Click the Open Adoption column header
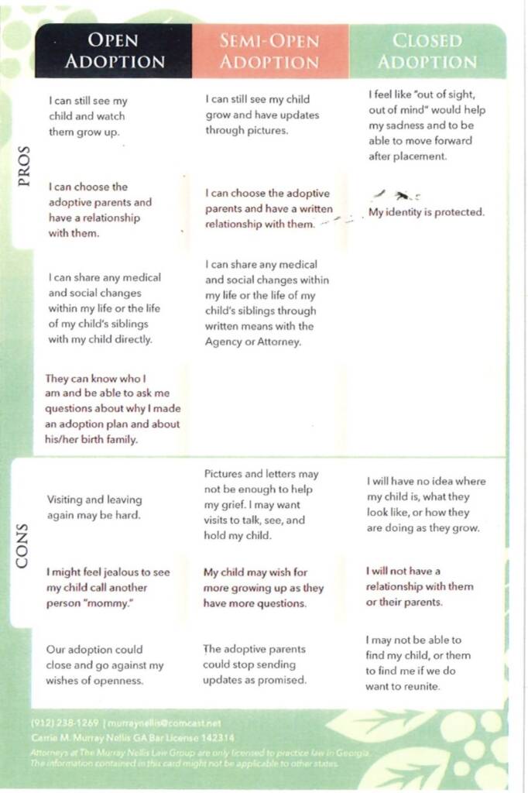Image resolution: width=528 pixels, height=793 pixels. click(114, 51)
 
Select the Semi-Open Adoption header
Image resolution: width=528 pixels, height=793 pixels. click(269, 51)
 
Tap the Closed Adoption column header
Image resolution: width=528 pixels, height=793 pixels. click(427, 51)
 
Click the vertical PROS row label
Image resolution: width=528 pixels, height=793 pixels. click(24, 165)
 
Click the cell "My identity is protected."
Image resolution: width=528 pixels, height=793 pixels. click(426, 212)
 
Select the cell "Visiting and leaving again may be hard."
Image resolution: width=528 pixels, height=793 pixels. click(94, 507)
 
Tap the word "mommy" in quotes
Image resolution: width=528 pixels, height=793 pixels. click(121, 602)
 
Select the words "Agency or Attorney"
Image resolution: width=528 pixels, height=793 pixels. click(252, 342)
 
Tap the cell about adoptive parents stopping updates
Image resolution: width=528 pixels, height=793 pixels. click(255, 664)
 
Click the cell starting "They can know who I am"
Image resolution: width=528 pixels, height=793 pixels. click(111, 409)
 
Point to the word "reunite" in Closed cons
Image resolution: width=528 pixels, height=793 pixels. click(421, 686)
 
